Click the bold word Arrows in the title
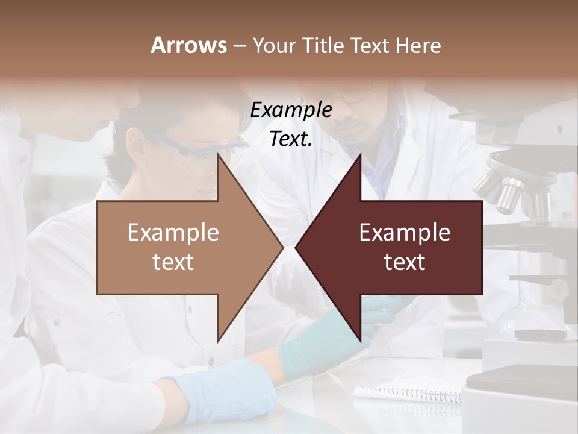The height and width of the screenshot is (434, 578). [x=188, y=45]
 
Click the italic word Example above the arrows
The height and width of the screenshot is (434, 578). [x=291, y=110]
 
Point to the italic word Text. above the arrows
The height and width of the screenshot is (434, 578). [x=291, y=139]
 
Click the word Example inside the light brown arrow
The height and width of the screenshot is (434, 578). [x=173, y=233]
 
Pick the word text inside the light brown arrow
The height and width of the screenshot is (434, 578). [x=173, y=262]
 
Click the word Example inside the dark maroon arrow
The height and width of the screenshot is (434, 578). [x=405, y=233]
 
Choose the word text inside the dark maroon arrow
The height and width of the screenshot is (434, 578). [x=405, y=262]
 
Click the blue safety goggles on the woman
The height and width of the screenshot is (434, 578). [x=199, y=148]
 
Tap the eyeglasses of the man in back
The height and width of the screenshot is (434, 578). [x=349, y=96]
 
